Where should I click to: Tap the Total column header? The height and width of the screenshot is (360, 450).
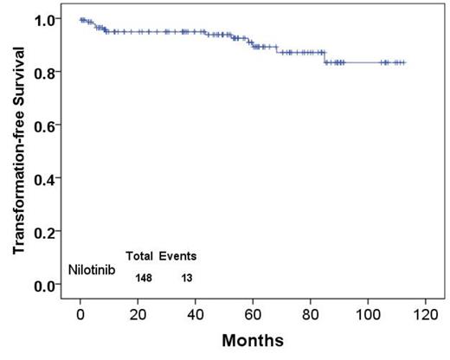pos(139,256)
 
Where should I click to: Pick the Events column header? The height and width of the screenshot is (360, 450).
pos(177,256)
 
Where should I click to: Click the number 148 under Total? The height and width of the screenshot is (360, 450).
pos(144,278)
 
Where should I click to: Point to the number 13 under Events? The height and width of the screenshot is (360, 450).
pos(186,278)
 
